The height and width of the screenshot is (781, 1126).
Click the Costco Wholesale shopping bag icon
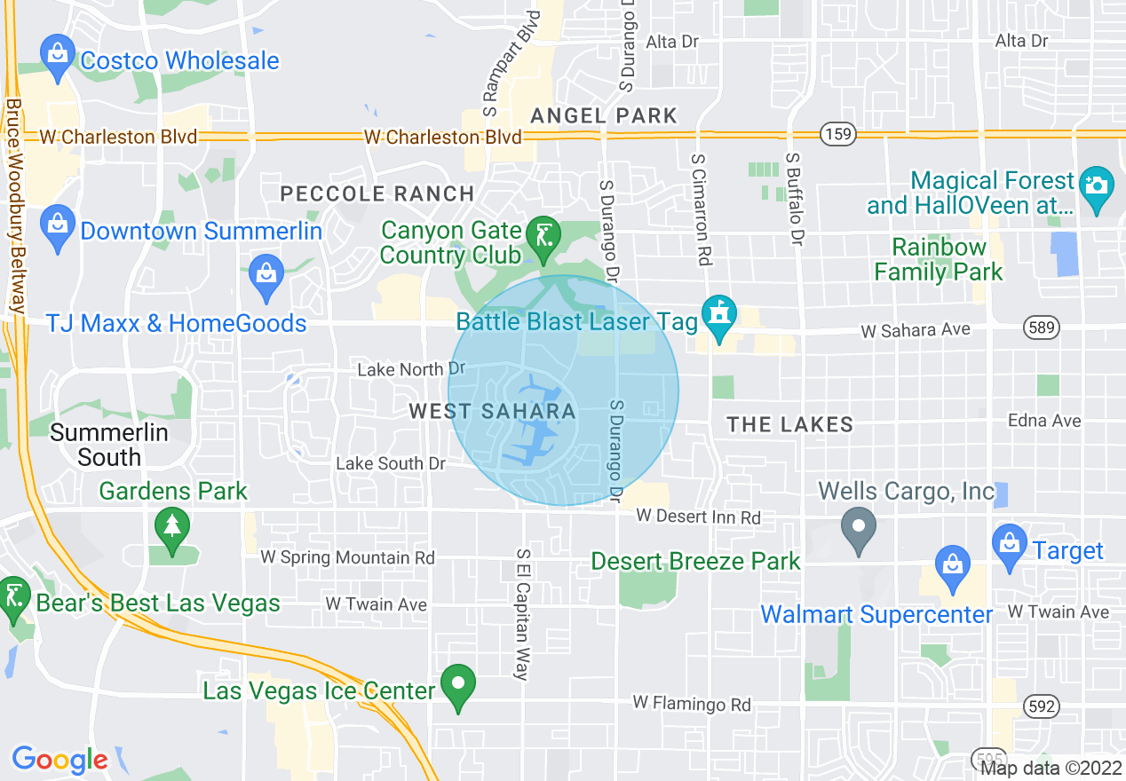pos(58,54)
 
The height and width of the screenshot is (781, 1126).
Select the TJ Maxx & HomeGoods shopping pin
pos(266,272)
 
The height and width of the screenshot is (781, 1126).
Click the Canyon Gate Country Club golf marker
pos(541,238)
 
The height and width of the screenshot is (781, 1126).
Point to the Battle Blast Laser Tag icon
pos(718,315)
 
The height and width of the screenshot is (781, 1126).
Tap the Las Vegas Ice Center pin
pos(458,685)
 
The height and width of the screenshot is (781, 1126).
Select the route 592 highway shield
pos(1041,706)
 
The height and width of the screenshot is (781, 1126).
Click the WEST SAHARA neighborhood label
pos(492,412)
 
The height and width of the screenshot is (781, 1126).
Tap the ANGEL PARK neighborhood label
pos(604,115)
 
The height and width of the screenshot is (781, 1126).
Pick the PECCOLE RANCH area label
pos(377,193)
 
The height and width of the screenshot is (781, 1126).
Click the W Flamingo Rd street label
pos(692,705)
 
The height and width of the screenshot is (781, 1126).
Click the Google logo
pos(59,760)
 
